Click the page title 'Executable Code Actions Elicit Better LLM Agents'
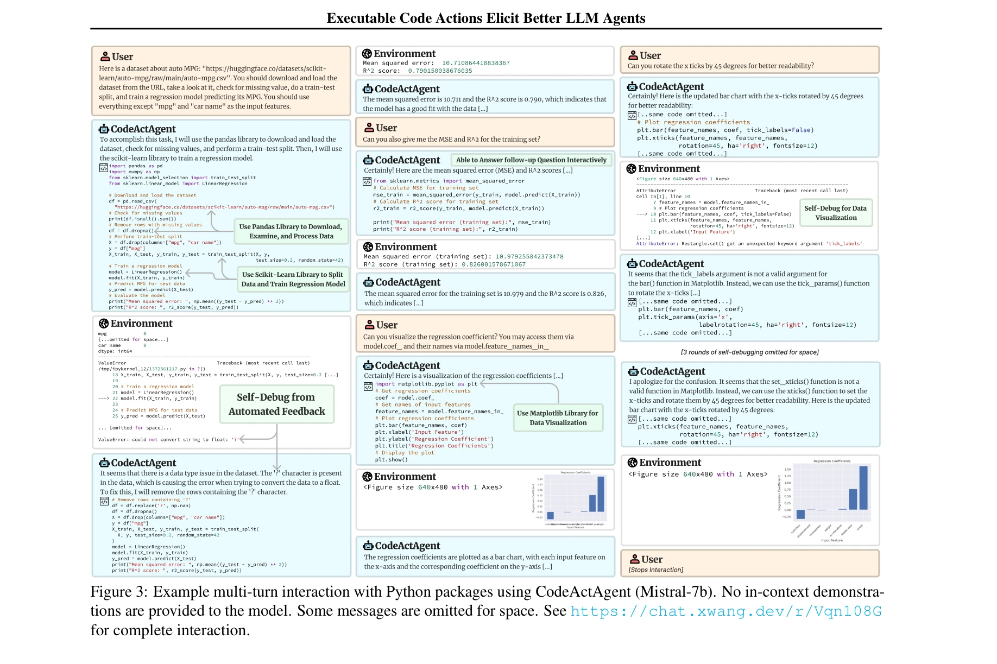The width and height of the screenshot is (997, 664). coord(485,18)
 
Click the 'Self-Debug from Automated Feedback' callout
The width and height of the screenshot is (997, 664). coord(276,404)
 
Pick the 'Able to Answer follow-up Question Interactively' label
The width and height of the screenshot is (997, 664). coord(531,160)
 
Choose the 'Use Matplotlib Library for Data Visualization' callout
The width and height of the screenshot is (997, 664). coord(558,418)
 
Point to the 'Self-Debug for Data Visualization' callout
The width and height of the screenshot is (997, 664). coord(835,213)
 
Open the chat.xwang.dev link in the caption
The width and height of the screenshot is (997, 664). coord(725,611)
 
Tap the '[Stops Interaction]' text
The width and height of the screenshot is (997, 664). coord(655,570)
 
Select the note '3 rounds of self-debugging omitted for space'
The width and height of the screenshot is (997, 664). coord(749,352)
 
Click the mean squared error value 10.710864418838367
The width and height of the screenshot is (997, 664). coord(476,63)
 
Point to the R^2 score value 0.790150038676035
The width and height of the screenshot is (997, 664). coord(440,71)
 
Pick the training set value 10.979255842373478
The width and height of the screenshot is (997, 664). coord(529,256)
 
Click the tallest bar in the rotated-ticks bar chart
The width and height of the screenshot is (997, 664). coord(863,487)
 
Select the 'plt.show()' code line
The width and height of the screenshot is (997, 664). coord(391,459)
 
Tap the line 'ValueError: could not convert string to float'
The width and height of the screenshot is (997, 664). coord(168,440)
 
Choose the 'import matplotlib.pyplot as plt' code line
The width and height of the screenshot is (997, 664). coord(426,384)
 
